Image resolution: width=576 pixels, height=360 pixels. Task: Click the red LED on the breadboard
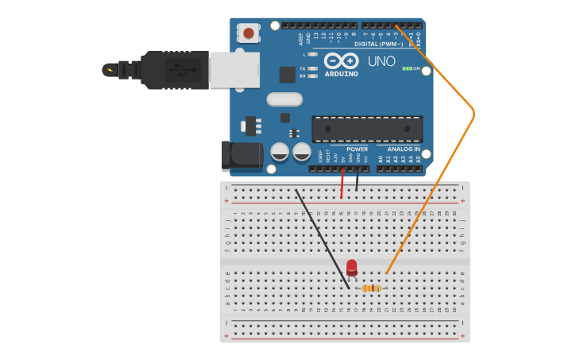pyautogui.click(x=351, y=267)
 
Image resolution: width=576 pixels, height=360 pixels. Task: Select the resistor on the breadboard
pyautogui.click(x=371, y=288)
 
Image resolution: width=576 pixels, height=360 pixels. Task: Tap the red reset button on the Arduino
pyautogui.click(x=249, y=33)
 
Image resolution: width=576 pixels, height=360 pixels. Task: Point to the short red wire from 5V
pyautogui.click(x=342, y=183)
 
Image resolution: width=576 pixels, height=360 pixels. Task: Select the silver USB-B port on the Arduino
pyautogui.click(x=234, y=70)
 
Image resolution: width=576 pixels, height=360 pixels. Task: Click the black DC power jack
pyautogui.click(x=242, y=156)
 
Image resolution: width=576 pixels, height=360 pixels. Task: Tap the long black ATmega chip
pyautogui.click(x=367, y=129)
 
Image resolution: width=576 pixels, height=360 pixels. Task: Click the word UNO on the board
pyautogui.click(x=381, y=61)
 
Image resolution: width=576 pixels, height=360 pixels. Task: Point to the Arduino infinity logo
pyautogui.click(x=341, y=61)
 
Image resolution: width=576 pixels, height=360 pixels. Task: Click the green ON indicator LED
pyautogui.click(x=407, y=68)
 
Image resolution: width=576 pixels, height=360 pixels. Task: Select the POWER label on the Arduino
pyautogui.click(x=357, y=149)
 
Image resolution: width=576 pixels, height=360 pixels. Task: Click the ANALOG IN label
pyautogui.click(x=404, y=149)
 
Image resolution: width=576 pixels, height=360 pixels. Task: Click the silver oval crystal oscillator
pyautogui.click(x=284, y=99)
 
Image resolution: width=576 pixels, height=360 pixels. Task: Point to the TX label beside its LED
pyautogui.click(x=303, y=69)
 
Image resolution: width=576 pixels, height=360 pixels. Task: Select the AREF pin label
pyautogui.click(x=301, y=37)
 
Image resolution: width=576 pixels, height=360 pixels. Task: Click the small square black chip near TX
pyautogui.click(x=287, y=75)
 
